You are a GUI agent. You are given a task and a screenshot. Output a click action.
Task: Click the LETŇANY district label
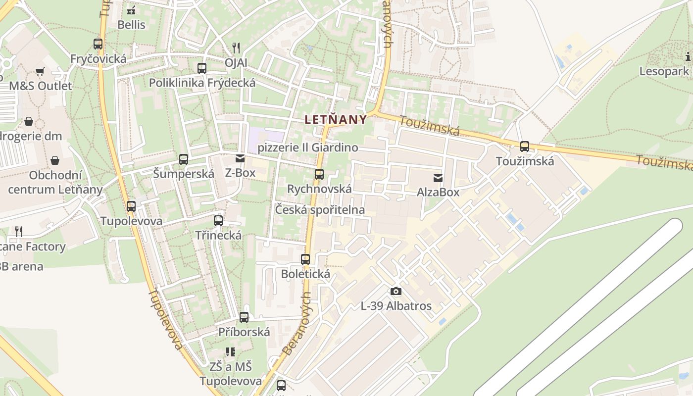pyautogui.click(x=336, y=119)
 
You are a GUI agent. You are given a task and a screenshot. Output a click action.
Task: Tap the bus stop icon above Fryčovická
pyautogui.click(x=98, y=44)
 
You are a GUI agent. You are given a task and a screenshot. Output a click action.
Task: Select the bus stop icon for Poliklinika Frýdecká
pyautogui.click(x=202, y=68)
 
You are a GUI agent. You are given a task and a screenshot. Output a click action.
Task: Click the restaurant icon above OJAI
pyautogui.click(x=236, y=48)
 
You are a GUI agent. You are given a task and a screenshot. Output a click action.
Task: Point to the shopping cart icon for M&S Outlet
pyautogui.click(x=40, y=72)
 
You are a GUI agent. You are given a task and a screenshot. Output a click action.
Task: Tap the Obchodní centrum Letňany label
pyautogui.click(x=55, y=182)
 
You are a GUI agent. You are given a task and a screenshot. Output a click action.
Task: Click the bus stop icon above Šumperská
pyautogui.click(x=184, y=159)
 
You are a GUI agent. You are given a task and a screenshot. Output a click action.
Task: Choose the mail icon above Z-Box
pyautogui.click(x=240, y=159)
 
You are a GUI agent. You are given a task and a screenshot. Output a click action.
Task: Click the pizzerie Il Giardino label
pyautogui.click(x=308, y=148)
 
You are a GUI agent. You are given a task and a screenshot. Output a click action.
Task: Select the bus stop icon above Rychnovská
pyautogui.click(x=319, y=174)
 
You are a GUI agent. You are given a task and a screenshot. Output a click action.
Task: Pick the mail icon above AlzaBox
pyautogui.click(x=438, y=178)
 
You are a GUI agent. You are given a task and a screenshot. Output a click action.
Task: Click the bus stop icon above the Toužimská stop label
pyautogui.click(x=525, y=147)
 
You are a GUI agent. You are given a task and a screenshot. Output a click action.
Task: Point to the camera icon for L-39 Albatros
pyautogui.click(x=396, y=291)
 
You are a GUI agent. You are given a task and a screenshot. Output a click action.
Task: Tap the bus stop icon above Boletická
pyautogui.click(x=305, y=259)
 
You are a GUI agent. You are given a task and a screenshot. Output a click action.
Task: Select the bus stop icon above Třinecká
pyautogui.click(x=218, y=221)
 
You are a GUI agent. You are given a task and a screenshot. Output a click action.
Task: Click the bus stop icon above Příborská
pyautogui.click(x=244, y=317)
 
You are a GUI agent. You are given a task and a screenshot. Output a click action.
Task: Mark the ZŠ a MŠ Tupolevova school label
pyautogui.click(x=231, y=374)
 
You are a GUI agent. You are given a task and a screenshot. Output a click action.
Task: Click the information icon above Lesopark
pyautogui.click(x=688, y=56)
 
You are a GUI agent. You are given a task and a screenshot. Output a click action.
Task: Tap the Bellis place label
pyautogui.click(x=132, y=24)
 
